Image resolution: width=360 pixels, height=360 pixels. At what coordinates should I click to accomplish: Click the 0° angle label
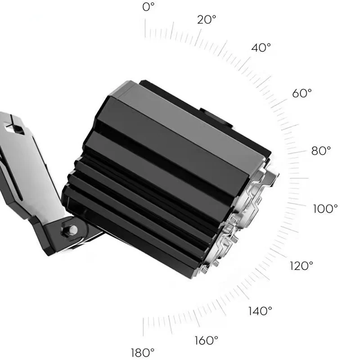coord(148,7)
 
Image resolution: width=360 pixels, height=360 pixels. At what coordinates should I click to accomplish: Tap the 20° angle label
coord(207,19)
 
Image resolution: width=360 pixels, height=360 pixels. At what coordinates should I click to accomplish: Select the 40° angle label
coord(261,48)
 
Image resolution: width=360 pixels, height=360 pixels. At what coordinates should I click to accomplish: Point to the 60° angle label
coord(302,93)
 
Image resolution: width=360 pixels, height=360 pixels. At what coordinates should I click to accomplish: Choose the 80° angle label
coord(321,151)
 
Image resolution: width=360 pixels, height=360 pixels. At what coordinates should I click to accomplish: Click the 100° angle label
coord(325,209)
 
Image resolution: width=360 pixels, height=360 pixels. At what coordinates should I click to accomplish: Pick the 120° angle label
coord(301,266)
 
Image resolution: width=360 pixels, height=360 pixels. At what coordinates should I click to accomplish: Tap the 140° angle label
coord(260,311)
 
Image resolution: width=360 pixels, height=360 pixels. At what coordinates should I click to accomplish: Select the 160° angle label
coord(207,340)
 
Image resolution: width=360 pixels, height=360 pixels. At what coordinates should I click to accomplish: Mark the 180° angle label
coord(143,352)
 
